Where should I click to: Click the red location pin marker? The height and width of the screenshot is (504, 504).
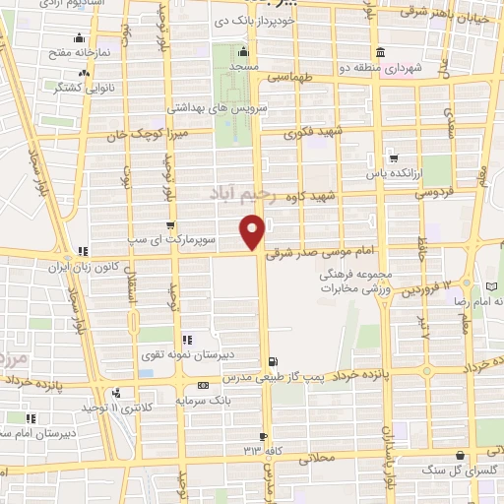[x=253, y=231]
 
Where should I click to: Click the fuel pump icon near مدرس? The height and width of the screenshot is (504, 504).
[x=273, y=361]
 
